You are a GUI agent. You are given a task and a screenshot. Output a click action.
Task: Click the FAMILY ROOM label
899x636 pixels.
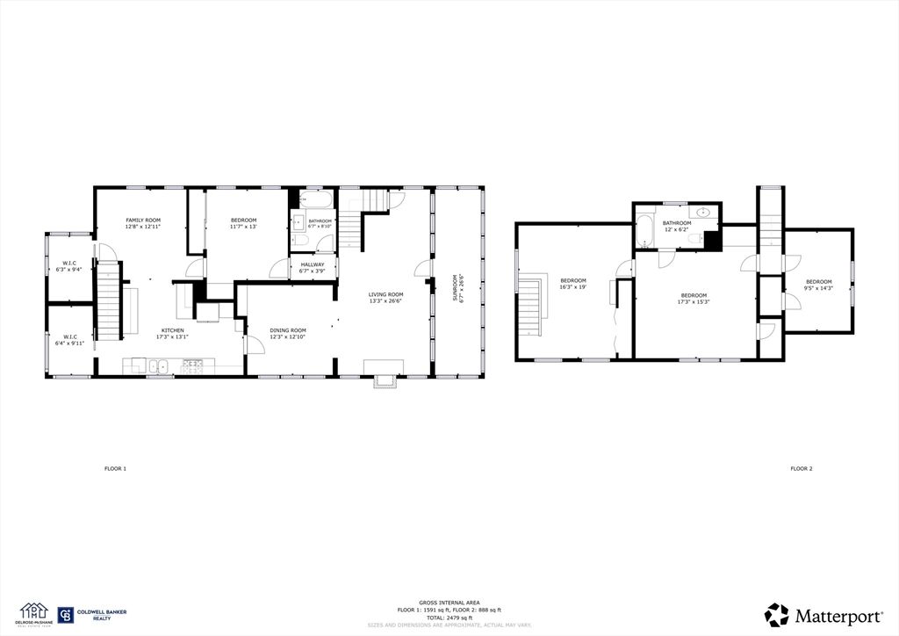142,220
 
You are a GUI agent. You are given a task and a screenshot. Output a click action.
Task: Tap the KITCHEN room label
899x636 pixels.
172,330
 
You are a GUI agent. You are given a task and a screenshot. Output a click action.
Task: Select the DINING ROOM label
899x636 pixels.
288,330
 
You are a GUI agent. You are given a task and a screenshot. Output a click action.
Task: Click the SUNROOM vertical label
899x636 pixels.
457,287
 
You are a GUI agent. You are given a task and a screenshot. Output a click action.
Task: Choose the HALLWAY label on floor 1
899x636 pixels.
313,264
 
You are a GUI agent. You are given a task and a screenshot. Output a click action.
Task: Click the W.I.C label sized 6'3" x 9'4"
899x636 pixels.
68,264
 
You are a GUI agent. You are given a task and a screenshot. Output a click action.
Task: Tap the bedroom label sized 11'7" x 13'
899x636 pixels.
243,220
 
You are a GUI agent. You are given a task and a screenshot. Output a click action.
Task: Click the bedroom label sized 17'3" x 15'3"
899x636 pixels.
694,295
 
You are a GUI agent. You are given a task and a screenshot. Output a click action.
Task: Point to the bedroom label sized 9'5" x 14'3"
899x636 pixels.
818,281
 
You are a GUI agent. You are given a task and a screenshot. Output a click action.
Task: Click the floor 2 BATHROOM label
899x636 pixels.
677,223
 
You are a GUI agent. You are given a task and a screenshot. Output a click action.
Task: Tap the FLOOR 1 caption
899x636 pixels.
115,468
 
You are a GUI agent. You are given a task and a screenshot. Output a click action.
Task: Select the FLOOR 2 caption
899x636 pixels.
801,468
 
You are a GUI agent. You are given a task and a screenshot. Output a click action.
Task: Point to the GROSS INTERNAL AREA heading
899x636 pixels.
449,602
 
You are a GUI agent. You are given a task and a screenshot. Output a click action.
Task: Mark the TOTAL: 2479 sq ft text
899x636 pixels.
449,618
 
